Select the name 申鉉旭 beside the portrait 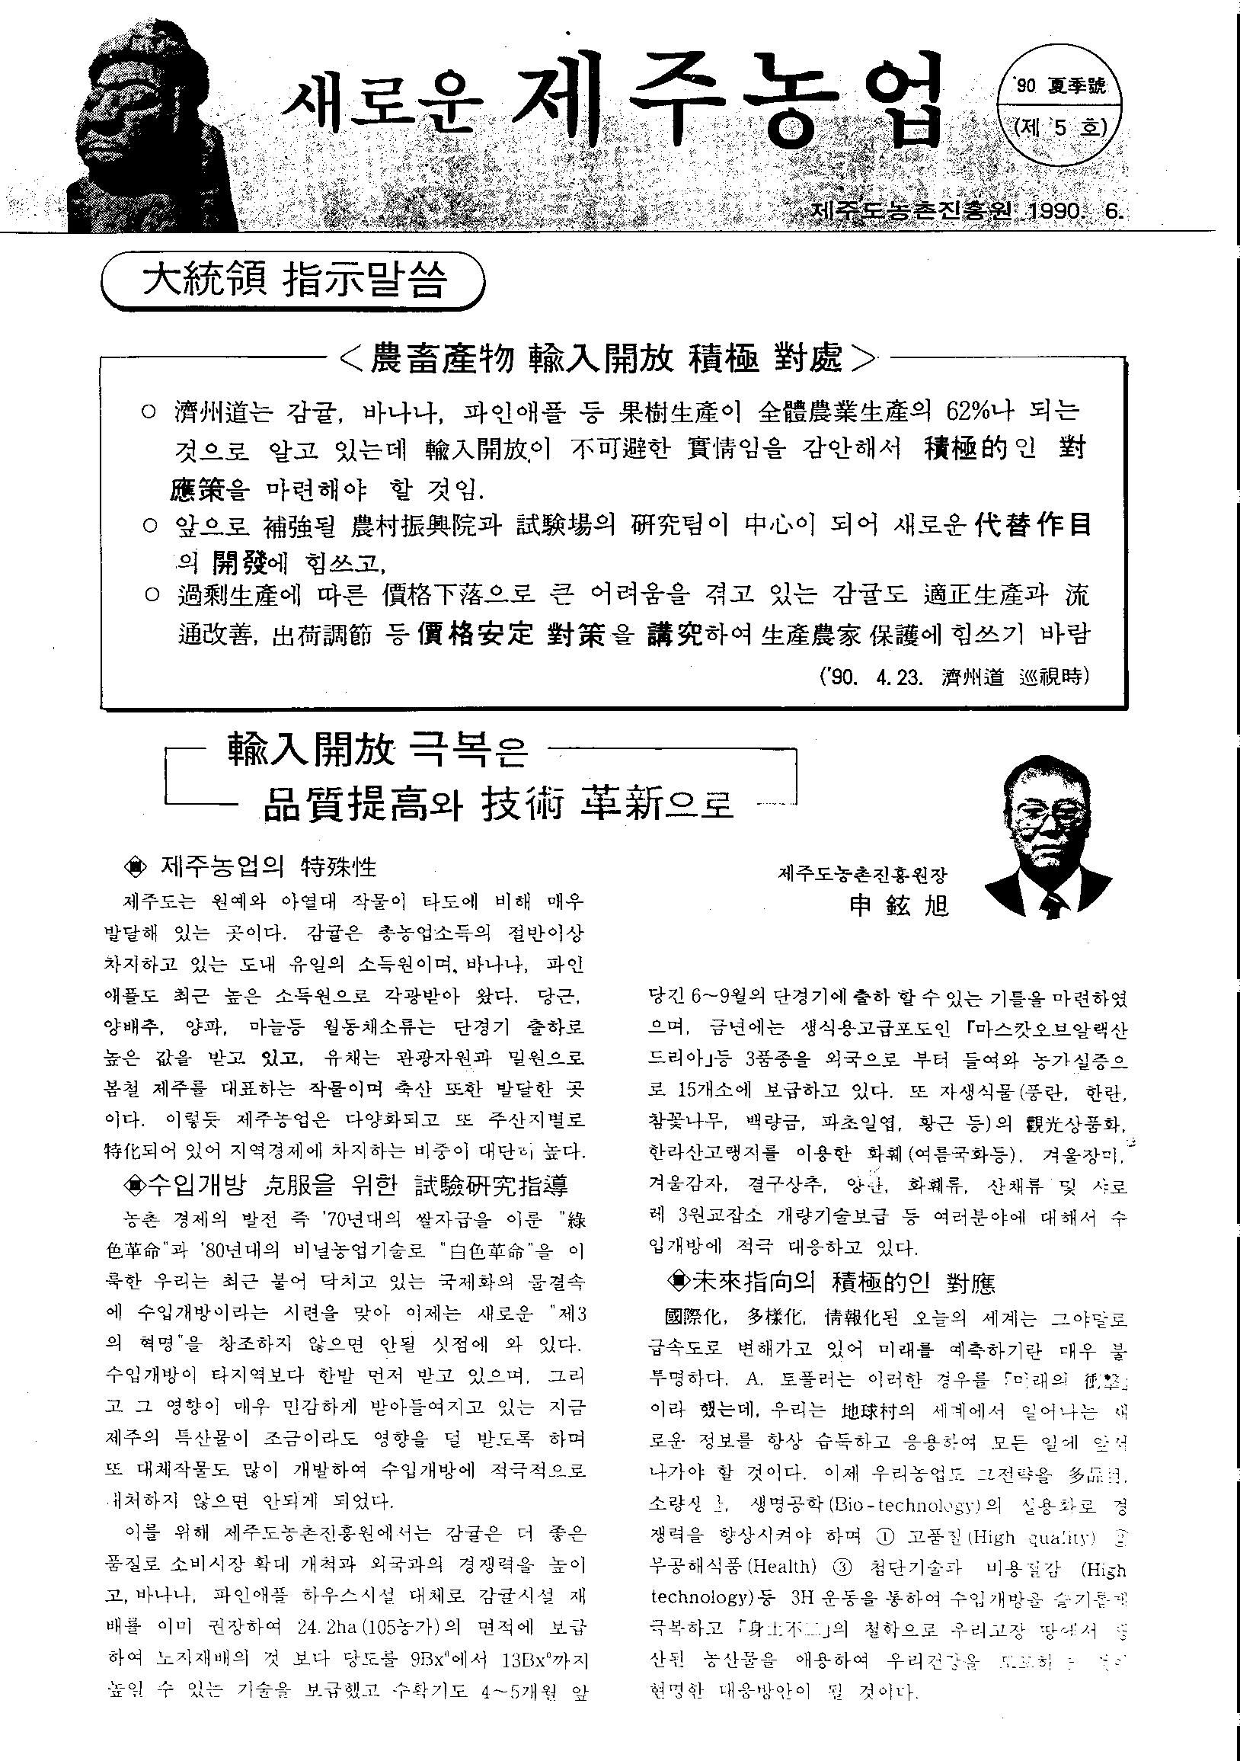pyautogui.click(x=899, y=906)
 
